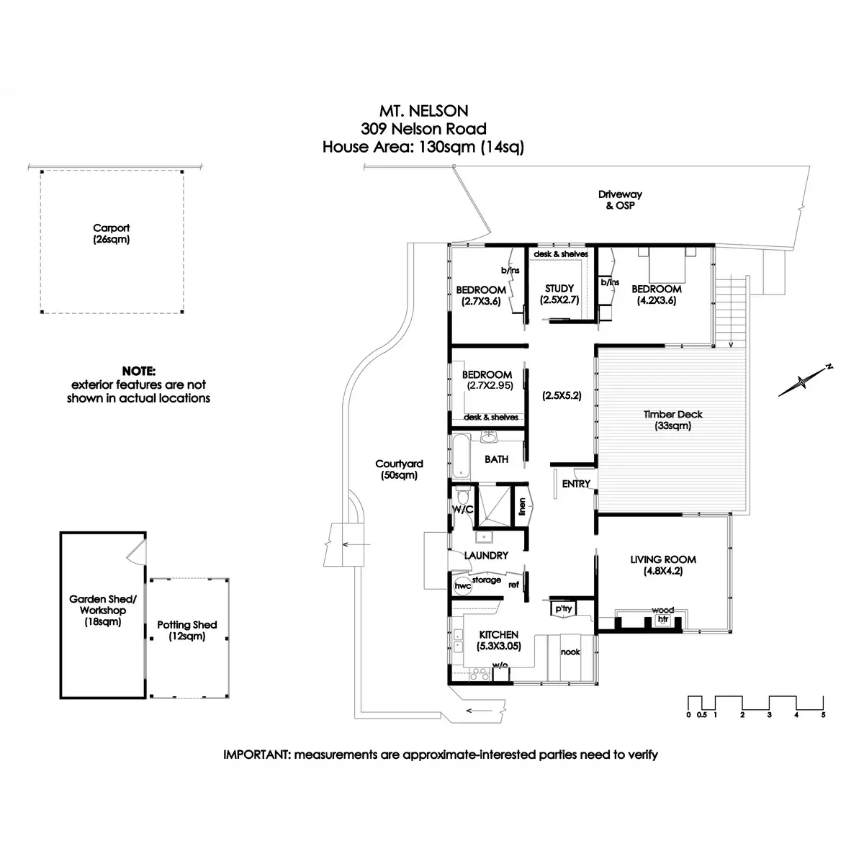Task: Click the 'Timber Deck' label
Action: pos(672,415)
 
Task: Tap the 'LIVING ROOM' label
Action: pos(662,559)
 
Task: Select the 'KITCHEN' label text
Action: pos(498,635)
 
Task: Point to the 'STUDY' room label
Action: pos(559,289)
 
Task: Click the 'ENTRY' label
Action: pos(576,484)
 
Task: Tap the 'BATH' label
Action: pos(496,459)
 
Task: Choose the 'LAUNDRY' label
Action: pos(486,555)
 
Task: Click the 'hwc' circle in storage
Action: pos(462,585)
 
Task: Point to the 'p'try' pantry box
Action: pos(562,608)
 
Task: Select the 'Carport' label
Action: pos(112,228)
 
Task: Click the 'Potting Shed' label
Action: pos(186,625)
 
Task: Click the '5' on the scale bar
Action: pos(822,715)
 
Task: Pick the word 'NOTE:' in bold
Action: pos(138,372)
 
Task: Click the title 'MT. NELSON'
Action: pos(423,111)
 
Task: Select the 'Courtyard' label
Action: pos(399,464)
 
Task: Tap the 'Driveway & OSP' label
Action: pos(620,199)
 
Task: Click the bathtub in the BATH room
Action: pos(461,456)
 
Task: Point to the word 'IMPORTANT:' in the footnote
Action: pos(258,755)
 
